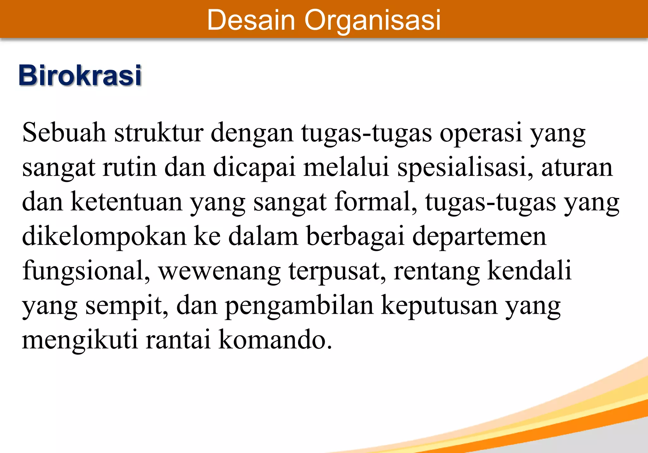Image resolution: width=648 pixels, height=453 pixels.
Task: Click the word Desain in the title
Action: click(x=251, y=20)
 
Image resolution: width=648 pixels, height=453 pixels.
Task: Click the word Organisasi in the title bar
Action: click(x=372, y=20)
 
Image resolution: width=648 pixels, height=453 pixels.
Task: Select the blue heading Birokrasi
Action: click(x=80, y=75)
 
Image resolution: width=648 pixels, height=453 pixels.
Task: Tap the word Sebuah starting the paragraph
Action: click(x=64, y=133)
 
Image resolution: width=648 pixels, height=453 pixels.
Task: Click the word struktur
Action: click(x=159, y=133)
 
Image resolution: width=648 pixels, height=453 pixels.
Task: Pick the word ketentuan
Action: click(x=127, y=202)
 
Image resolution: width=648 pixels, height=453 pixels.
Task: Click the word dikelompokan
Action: click(x=104, y=237)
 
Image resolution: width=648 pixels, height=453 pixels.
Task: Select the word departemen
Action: click(x=479, y=237)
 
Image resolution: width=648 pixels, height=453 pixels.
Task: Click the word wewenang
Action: click(x=220, y=271)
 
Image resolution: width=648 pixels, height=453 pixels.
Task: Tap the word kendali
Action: click(x=529, y=271)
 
